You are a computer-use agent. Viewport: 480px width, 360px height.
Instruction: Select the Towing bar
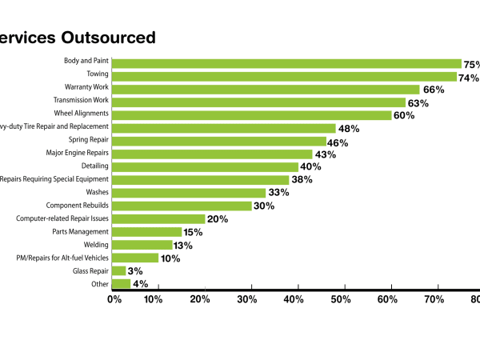pos(285,77)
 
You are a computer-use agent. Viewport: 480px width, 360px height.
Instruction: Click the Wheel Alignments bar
pos(252,115)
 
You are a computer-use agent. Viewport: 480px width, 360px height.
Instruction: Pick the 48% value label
pos(349,128)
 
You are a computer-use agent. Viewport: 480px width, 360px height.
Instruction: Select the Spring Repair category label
pos(89,139)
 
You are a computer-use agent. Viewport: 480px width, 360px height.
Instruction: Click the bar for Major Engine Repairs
pos(212,154)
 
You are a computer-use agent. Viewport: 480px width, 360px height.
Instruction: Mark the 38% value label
pos(302,180)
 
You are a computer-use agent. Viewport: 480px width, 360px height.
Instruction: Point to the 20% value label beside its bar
pos(218,218)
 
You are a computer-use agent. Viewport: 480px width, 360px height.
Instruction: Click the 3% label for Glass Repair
pos(136,271)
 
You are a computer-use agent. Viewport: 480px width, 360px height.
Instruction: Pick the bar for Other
pos(122,283)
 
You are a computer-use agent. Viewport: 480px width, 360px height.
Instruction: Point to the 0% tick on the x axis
pos(114,300)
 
